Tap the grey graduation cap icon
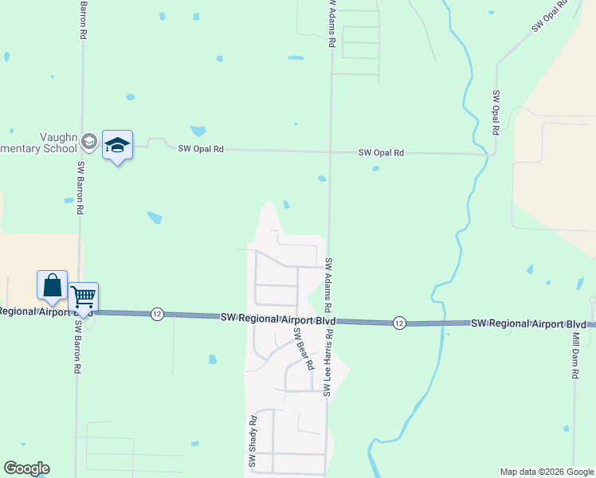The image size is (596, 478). [89, 142]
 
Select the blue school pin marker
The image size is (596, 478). [117, 147]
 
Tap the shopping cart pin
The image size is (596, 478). [83, 299]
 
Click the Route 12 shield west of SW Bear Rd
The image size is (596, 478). [156, 315]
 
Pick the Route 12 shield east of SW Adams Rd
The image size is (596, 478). [399, 323]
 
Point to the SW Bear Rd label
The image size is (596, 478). [301, 349]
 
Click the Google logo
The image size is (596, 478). [26, 468]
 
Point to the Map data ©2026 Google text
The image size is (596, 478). [546, 472]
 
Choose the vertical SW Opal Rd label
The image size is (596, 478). [495, 112]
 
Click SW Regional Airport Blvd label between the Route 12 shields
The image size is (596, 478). [278, 318]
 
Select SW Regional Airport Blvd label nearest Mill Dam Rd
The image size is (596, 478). [528, 324]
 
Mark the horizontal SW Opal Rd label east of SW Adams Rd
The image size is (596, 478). [381, 152]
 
